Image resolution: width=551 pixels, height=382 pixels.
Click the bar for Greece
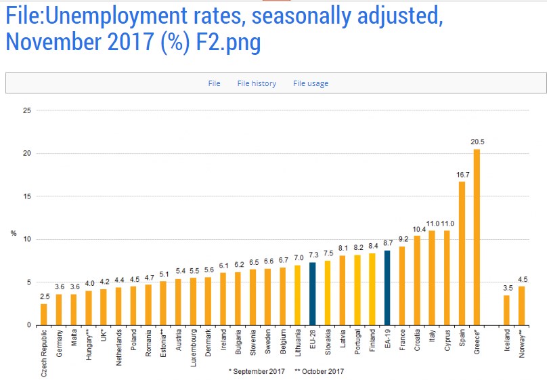(477, 237)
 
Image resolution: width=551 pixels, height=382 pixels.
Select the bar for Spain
(462, 253)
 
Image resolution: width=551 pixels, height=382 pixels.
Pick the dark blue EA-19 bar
(387, 288)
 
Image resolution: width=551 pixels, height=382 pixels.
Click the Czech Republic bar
(44, 314)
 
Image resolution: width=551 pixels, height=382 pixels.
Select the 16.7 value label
(462, 174)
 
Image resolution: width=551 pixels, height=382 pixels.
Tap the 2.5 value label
(44, 296)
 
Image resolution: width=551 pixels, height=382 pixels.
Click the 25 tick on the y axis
(27, 110)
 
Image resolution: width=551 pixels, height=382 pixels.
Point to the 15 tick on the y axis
(27, 196)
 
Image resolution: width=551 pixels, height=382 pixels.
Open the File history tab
(257, 83)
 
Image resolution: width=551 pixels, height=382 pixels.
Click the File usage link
(311, 83)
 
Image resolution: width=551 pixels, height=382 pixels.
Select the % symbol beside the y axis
(13, 234)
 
